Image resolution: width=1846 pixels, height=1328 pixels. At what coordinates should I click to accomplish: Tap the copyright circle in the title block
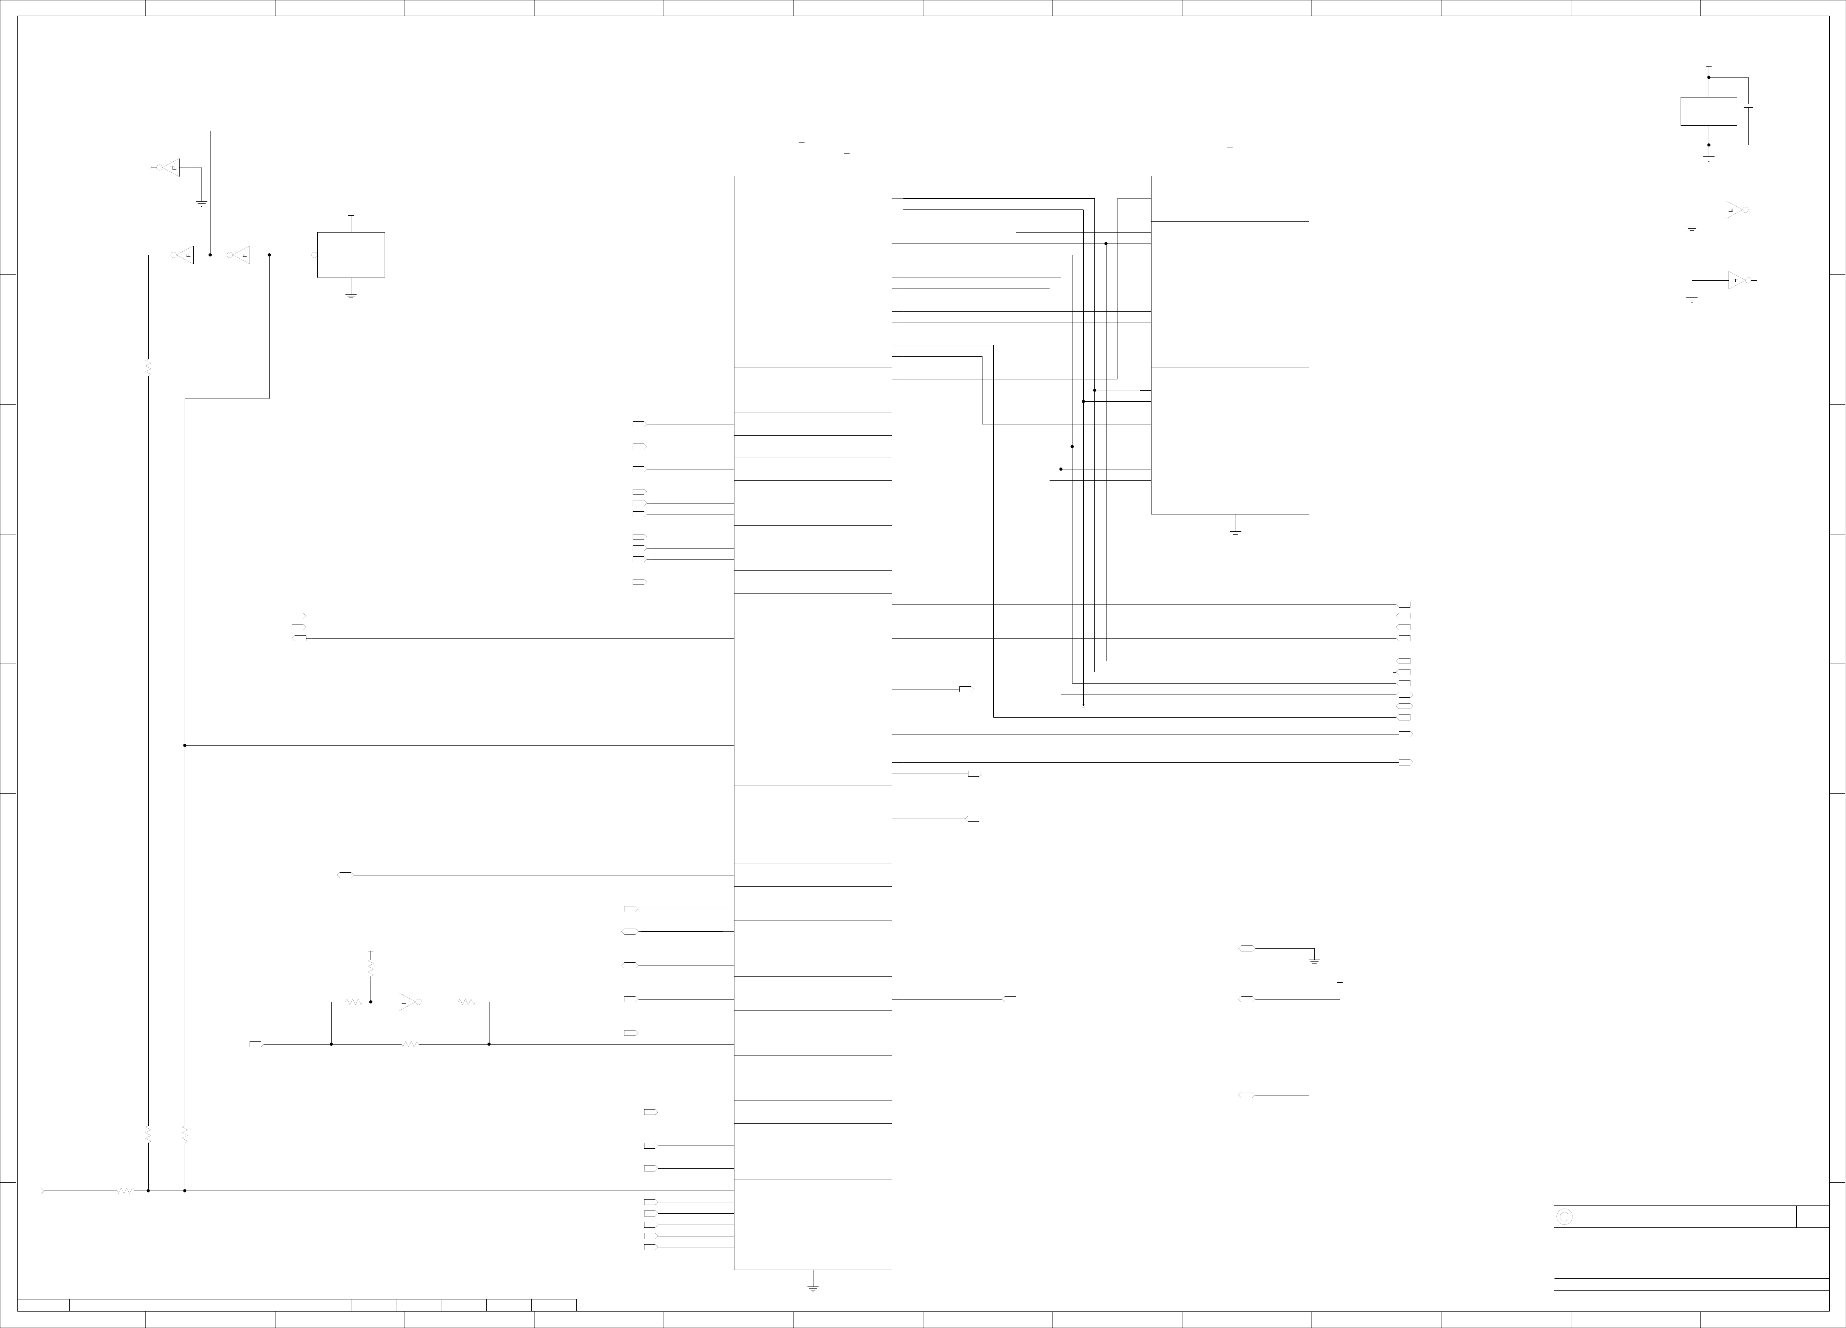point(1564,1216)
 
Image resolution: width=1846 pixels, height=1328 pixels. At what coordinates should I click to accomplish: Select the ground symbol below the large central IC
point(812,1288)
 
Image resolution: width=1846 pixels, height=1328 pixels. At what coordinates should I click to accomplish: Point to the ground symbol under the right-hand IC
point(1235,532)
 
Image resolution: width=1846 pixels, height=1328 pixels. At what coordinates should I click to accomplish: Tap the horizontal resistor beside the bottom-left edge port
point(124,1191)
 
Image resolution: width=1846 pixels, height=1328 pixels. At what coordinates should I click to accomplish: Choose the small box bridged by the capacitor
point(1708,112)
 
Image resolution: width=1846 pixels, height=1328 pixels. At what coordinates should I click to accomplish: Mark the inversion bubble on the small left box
point(314,255)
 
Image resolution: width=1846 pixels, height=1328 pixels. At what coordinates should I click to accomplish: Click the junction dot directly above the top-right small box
point(1708,78)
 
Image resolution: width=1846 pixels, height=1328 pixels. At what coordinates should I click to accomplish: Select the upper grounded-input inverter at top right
point(1734,210)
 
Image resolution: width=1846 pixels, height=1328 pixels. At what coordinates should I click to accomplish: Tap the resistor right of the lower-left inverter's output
point(466,1001)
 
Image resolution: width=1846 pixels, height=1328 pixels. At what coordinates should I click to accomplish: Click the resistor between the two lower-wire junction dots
point(409,1044)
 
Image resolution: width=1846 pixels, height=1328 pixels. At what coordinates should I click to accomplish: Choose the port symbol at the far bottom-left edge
point(36,1191)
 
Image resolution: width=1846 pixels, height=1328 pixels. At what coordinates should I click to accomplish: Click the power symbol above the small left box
point(351,217)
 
